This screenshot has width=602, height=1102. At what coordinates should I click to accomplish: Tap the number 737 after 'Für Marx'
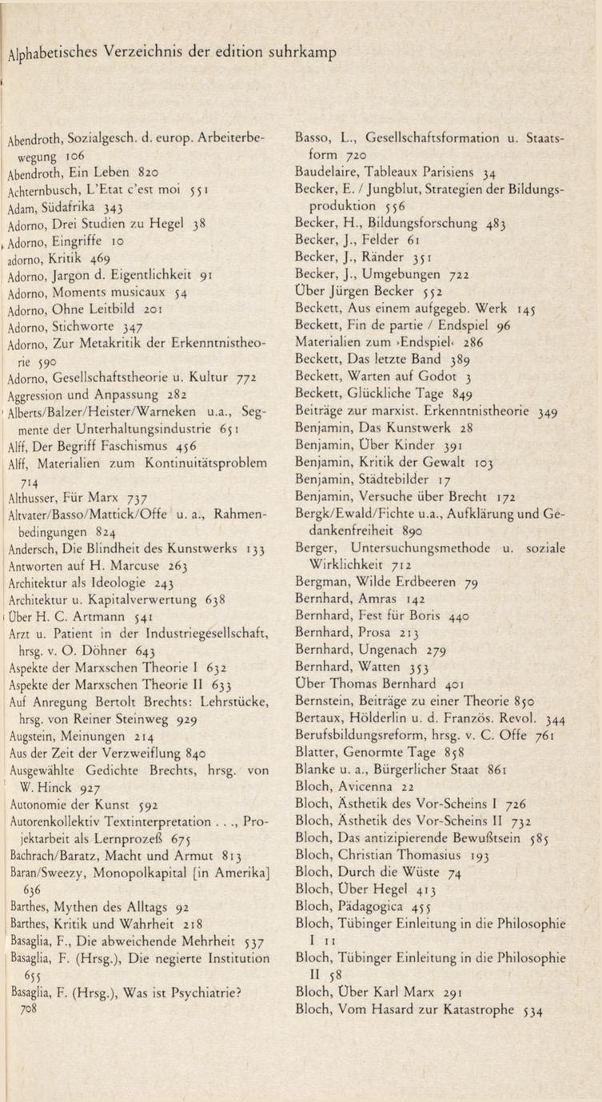[131, 495]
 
